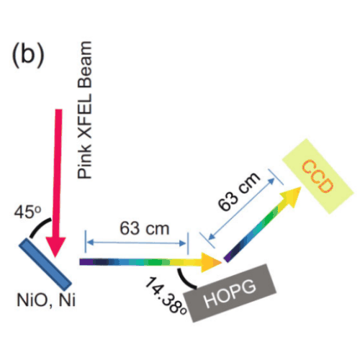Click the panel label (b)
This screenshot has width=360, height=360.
(28, 55)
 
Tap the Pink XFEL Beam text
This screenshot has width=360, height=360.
(85, 110)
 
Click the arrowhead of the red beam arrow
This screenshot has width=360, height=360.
(56, 247)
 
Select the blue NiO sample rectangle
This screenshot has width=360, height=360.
(45, 264)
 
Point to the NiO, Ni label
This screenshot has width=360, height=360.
(46, 300)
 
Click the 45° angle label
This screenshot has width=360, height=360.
(27, 212)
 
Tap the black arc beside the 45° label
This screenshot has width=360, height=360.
(38, 225)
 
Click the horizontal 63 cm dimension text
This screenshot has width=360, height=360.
(145, 228)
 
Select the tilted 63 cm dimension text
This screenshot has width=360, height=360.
(239, 192)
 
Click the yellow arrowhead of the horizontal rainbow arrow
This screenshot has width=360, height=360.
(211, 262)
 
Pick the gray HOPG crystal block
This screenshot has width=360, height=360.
(230, 293)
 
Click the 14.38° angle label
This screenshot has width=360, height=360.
(166, 296)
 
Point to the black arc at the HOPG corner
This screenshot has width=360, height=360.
(184, 279)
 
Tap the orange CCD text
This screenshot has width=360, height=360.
(318, 176)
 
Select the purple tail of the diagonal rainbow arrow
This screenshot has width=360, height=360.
(228, 257)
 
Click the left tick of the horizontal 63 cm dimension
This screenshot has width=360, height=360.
(85, 242)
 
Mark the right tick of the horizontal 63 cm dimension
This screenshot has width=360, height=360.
(188, 243)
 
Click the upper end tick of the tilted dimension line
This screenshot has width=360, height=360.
(276, 177)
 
